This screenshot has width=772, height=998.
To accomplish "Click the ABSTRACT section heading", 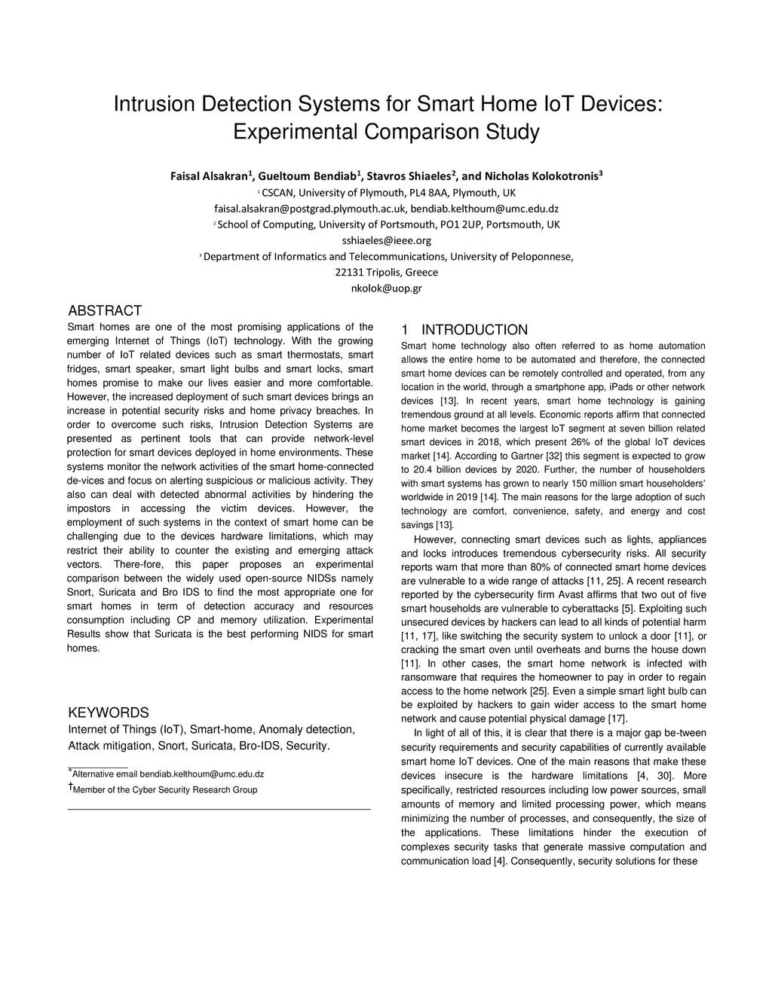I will (x=105, y=311).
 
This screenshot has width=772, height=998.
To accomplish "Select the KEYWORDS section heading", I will (x=109, y=713).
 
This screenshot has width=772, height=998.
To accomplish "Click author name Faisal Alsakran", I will (x=209, y=177).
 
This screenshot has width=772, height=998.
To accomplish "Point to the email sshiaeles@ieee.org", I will (x=387, y=240).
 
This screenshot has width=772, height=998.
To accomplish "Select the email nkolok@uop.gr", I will (x=387, y=288).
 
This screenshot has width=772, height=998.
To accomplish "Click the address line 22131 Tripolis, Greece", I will (x=386, y=272).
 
